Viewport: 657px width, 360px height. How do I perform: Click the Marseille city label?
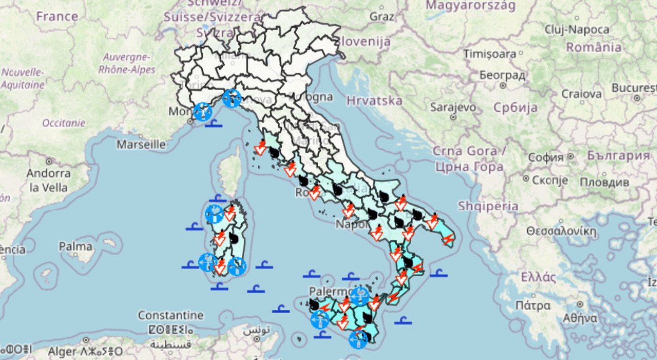[x=141, y=144]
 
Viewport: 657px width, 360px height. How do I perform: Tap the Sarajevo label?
[x=453, y=107]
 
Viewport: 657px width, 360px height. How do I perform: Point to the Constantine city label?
[x=170, y=315]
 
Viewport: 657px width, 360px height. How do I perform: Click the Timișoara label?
[x=490, y=53]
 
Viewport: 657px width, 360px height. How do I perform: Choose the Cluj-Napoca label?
[x=577, y=29]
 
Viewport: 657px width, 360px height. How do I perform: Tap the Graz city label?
[x=382, y=16]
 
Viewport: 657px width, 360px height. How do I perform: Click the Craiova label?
[x=582, y=94]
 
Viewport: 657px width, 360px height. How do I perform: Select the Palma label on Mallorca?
[x=75, y=247]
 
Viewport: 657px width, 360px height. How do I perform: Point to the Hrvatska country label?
[x=374, y=100]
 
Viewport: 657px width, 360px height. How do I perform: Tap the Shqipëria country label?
[x=488, y=206]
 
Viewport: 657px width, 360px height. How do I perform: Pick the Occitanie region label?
[x=64, y=123]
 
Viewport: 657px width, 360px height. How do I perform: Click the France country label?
[x=57, y=16]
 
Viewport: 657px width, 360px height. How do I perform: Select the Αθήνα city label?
[x=580, y=318]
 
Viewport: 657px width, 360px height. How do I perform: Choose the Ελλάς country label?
[x=538, y=278]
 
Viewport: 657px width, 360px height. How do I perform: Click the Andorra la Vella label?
[x=49, y=180]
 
